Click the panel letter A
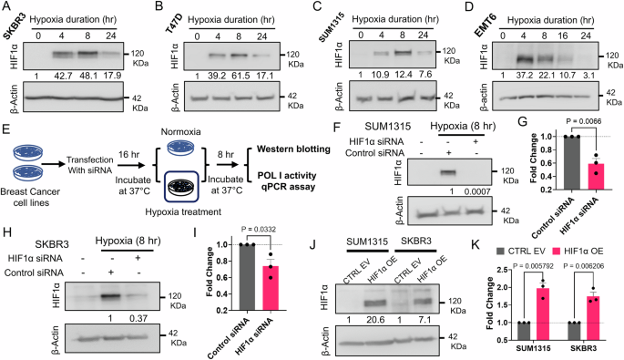7,9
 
